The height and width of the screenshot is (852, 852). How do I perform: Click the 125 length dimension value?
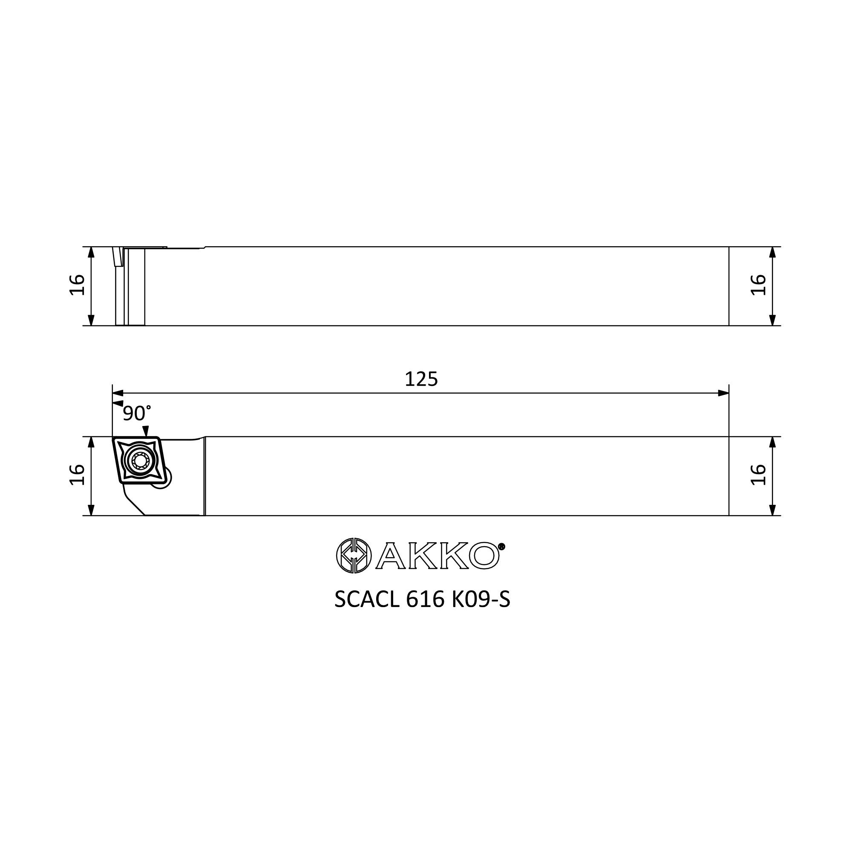(421, 380)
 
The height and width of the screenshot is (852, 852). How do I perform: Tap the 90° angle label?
(137, 413)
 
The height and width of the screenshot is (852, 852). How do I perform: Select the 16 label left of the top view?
(77, 285)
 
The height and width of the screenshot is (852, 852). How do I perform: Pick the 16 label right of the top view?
(758, 285)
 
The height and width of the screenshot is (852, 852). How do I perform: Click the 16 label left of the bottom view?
(77, 475)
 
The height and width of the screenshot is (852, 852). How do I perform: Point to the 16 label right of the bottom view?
(758, 475)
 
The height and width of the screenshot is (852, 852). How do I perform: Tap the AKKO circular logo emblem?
(354, 556)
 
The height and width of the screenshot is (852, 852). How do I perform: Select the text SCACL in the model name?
(366, 599)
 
